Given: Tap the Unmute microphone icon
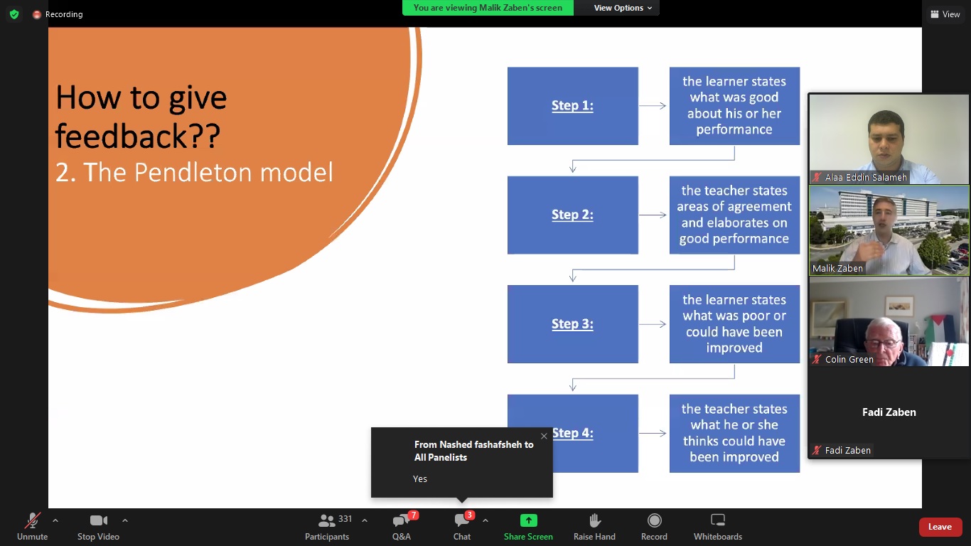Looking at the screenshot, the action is (x=32, y=520).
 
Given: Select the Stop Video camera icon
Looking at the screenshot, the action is (x=98, y=520).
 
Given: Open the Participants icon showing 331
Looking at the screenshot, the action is (x=326, y=520).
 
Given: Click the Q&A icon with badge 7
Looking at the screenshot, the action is (x=401, y=520).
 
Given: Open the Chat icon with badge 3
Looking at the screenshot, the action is (x=461, y=520).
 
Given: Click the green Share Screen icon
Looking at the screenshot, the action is (x=528, y=520).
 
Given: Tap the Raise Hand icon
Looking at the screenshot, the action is (x=594, y=520).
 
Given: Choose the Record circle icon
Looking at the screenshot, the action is (x=654, y=520).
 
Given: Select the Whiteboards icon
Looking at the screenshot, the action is (x=718, y=520).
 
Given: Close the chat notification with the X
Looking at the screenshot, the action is (x=544, y=437).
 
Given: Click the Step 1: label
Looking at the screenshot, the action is (x=572, y=105).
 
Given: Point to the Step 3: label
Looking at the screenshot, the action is (x=572, y=324).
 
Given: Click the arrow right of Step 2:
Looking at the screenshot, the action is (x=653, y=215).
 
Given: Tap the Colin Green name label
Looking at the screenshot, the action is (x=849, y=360).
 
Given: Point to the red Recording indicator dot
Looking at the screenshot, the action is (x=37, y=15).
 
